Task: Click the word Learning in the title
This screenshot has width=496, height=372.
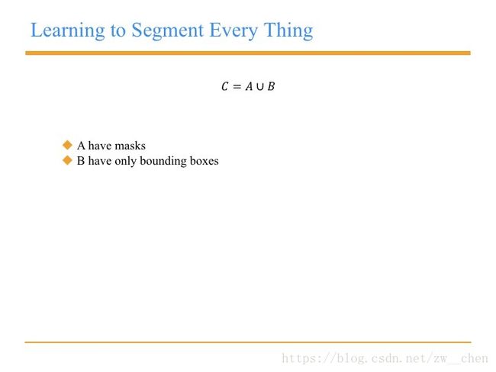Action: click(67, 31)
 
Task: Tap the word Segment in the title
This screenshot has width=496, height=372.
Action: click(168, 31)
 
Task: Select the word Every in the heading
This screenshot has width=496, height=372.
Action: click(234, 31)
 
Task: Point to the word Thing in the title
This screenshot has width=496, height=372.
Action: click(288, 31)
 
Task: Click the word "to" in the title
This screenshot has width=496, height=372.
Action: click(118, 31)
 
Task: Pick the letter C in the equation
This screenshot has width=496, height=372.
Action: click(225, 86)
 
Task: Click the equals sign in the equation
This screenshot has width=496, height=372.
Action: click(237, 87)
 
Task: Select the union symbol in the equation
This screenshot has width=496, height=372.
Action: click(259, 87)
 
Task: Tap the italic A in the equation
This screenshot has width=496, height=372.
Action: click(249, 86)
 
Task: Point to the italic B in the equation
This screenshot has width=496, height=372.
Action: click(271, 86)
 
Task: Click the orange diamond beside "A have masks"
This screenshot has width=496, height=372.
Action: click(67, 145)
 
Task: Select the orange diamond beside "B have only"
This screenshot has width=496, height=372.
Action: click(67, 160)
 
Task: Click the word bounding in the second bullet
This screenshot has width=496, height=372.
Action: click(163, 161)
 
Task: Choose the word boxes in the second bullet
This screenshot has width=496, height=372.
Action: click(205, 161)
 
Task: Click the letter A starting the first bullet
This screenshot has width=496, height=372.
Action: click(81, 146)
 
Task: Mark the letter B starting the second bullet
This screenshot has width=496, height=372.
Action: click(81, 161)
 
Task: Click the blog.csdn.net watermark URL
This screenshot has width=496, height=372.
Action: click(385, 358)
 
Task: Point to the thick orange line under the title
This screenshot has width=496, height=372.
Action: click(248, 53)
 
